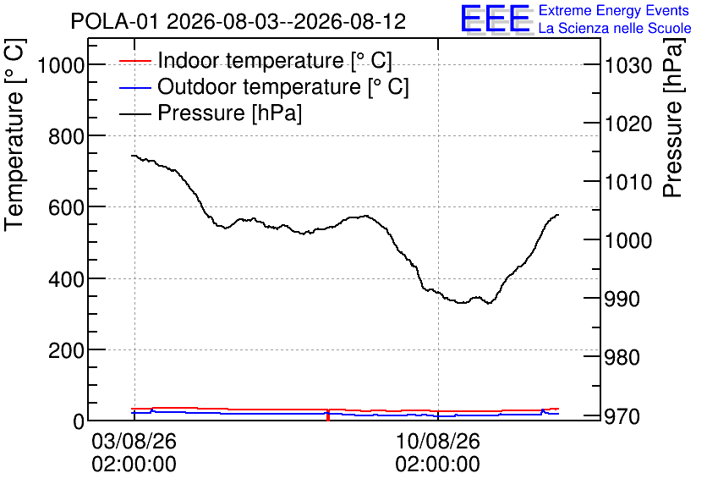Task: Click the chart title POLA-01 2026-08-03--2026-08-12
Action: [238, 21]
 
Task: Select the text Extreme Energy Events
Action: [614, 10]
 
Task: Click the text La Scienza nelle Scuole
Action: [615, 28]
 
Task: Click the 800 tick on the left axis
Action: [67, 136]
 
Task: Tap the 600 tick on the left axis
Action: [67, 207]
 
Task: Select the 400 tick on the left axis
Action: [67, 278]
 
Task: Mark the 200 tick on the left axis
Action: [67, 350]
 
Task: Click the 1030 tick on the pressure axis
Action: [628, 66]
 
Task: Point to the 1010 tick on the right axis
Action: [628, 182]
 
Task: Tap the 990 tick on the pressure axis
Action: [622, 299]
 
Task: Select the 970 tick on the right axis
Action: [622, 416]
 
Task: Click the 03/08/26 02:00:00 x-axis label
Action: [134, 452]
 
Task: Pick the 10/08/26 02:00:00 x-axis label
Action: [438, 452]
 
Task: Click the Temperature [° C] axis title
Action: [14, 135]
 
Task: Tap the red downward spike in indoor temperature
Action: [328, 415]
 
